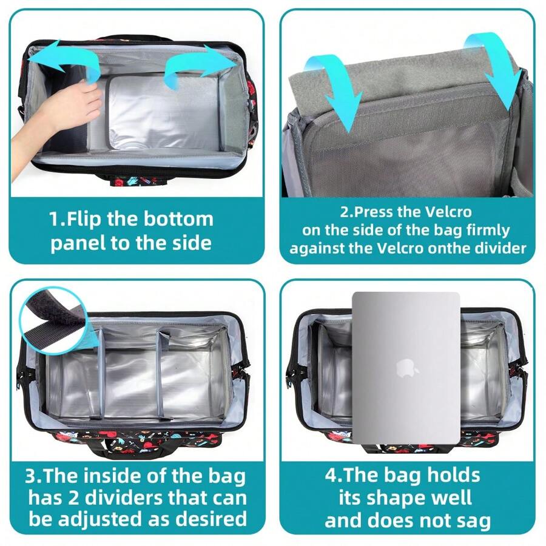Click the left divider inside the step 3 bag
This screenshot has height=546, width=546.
pos(100,372)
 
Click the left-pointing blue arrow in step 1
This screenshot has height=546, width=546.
pos(62,59)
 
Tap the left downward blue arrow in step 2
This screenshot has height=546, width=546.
pos(336,90)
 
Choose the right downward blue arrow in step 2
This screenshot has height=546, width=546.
pos(494,70)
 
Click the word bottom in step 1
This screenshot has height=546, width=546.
pos(178,220)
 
